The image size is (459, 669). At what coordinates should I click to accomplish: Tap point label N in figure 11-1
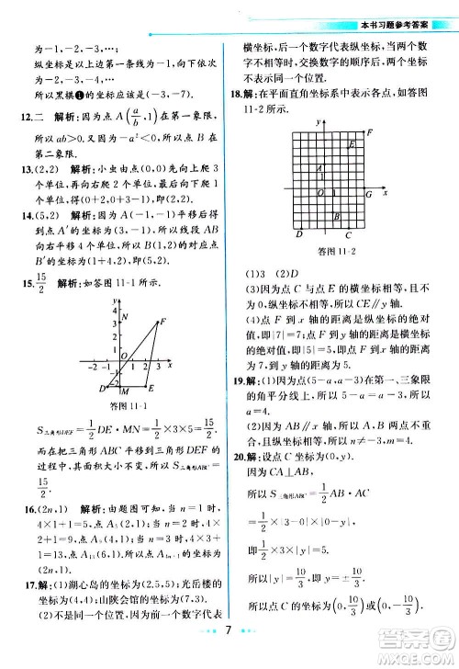123,316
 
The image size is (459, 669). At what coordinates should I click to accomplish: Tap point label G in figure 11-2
368,195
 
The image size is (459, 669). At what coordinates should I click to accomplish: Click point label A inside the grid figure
318,168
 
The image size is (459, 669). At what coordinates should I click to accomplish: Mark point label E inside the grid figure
352,144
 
